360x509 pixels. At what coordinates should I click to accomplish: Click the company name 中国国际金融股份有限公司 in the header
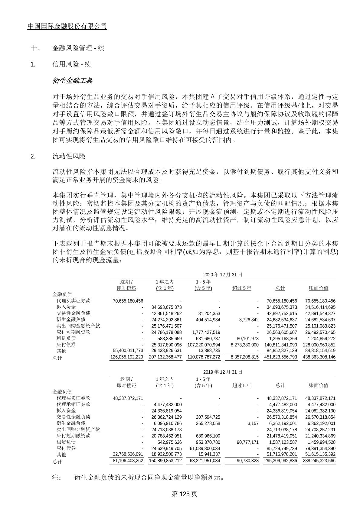pyautogui.click(x=67, y=26)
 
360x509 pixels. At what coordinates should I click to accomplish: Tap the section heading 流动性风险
pyautogui.click(x=69, y=156)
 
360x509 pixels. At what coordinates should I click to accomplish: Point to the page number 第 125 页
pyautogui.click(x=184, y=494)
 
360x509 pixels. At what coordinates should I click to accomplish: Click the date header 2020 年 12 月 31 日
pyautogui.click(x=223, y=275)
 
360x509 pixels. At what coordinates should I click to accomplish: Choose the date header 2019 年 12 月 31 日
pyautogui.click(x=223, y=372)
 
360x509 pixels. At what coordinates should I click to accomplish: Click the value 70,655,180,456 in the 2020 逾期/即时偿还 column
pyautogui.click(x=128, y=301)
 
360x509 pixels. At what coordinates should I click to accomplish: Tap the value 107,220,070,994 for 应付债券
pyautogui.click(x=204, y=345)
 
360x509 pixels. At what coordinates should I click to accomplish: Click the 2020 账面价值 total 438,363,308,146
pyautogui.click(x=319, y=357)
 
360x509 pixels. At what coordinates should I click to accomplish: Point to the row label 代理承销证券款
pyautogui.click(x=73, y=404)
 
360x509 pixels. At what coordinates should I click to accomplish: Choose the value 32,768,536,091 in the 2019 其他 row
pyautogui.click(x=128, y=454)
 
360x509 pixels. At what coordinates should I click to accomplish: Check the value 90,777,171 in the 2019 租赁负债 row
pyautogui.click(x=246, y=442)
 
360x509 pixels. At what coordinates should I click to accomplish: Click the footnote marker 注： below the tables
pyautogui.click(x=57, y=478)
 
